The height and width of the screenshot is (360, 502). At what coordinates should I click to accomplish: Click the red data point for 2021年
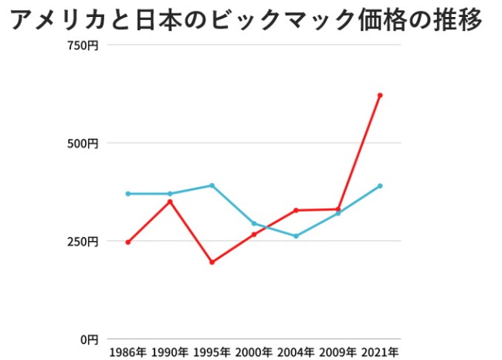click(380, 95)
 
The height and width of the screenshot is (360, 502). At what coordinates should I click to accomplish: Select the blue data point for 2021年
click(380, 186)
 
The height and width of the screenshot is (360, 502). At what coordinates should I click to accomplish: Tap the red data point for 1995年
click(212, 262)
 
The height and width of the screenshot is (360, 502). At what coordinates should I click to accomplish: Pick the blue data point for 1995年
click(212, 185)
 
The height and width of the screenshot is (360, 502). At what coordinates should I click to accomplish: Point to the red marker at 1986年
click(127, 242)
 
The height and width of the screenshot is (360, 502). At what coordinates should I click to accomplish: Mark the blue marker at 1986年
click(127, 194)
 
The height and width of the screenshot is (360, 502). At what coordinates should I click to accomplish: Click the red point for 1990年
click(170, 202)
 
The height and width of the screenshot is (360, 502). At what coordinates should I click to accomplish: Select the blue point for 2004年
click(296, 236)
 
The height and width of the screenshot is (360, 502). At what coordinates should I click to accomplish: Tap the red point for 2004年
click(296, 210)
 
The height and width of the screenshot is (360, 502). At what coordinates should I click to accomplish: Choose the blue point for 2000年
click(253, 223)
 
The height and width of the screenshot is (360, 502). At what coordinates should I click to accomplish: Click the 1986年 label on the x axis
click(127, 352)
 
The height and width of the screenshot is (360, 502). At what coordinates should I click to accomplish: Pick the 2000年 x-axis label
click(253, 352)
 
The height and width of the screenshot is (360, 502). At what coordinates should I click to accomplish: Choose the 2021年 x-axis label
click(380, 352)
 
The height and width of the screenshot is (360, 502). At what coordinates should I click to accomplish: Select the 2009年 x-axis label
click(337, 352)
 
